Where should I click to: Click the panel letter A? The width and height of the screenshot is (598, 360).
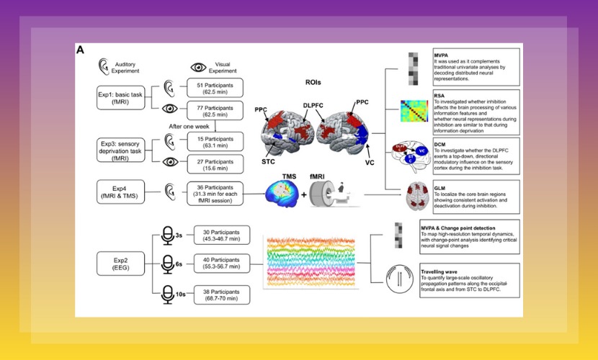click(x=81, y=50)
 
